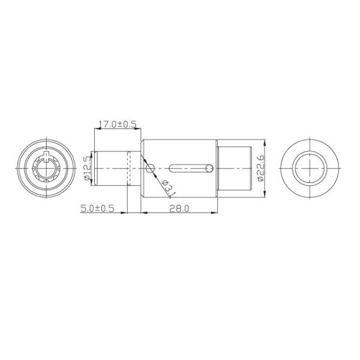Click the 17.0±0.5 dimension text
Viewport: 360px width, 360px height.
117,124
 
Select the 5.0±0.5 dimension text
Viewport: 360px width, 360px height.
97,209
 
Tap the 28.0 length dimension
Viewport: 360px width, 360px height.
179,209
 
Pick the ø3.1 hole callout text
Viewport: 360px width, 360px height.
167,188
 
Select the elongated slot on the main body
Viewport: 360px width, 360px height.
191,167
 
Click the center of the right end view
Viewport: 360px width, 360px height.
311,167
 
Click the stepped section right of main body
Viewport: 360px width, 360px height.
234,168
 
